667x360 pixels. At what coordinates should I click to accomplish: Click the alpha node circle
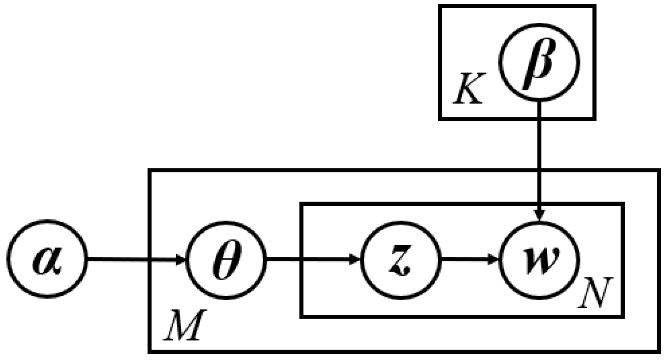[47, 260]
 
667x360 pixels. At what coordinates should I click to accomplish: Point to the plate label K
[468, 89]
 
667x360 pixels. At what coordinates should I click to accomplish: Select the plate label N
[594, 292]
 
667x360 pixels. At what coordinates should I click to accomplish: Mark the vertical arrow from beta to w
[539, 158]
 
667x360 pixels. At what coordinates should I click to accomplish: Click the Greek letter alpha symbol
[47, 262]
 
